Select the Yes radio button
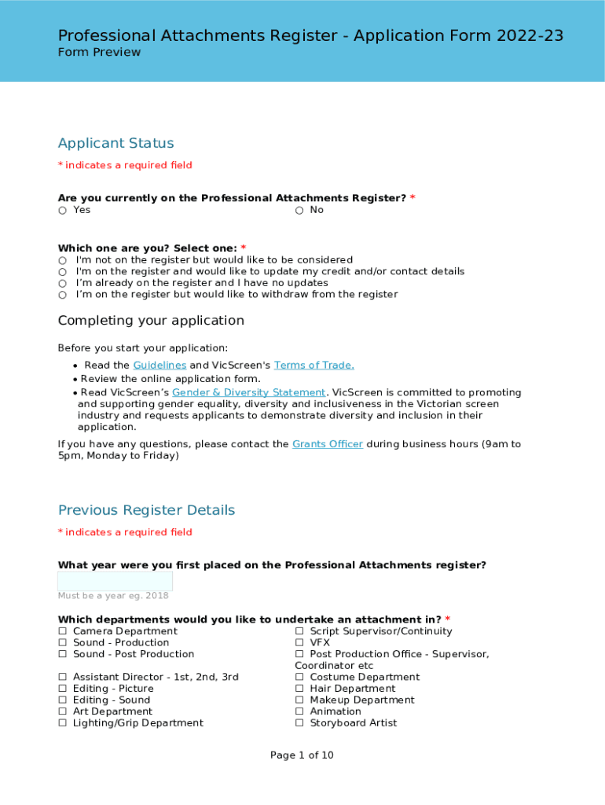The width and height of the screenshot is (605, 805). pos(62,211)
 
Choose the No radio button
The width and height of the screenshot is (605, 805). pos(299,211)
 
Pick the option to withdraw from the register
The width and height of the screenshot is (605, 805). pos(62,295)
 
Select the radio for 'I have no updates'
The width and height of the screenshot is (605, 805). pos(62,283)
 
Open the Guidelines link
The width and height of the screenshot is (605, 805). pos(159,365)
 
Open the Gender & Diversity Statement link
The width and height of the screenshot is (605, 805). pos(248,392)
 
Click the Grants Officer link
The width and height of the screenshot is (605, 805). pos(327,444)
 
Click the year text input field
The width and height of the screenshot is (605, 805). pos(115,582)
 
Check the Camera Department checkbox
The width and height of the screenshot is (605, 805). pos(62,631)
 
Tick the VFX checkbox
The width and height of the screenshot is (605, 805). pos(299,643)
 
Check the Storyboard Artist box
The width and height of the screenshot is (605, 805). pos(299,723)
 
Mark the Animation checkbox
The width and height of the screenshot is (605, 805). pos(299,711)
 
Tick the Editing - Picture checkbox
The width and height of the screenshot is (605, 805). pos(62,689)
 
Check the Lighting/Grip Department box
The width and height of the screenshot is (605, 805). pos(62,723)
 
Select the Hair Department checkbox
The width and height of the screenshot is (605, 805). pos(299,689)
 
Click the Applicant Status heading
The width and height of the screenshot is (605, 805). pos(115,143)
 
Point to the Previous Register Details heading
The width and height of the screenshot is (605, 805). pos(146,510)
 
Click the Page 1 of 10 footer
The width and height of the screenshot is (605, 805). pos(302,755)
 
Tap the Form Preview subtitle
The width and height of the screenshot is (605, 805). pos(99,52)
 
